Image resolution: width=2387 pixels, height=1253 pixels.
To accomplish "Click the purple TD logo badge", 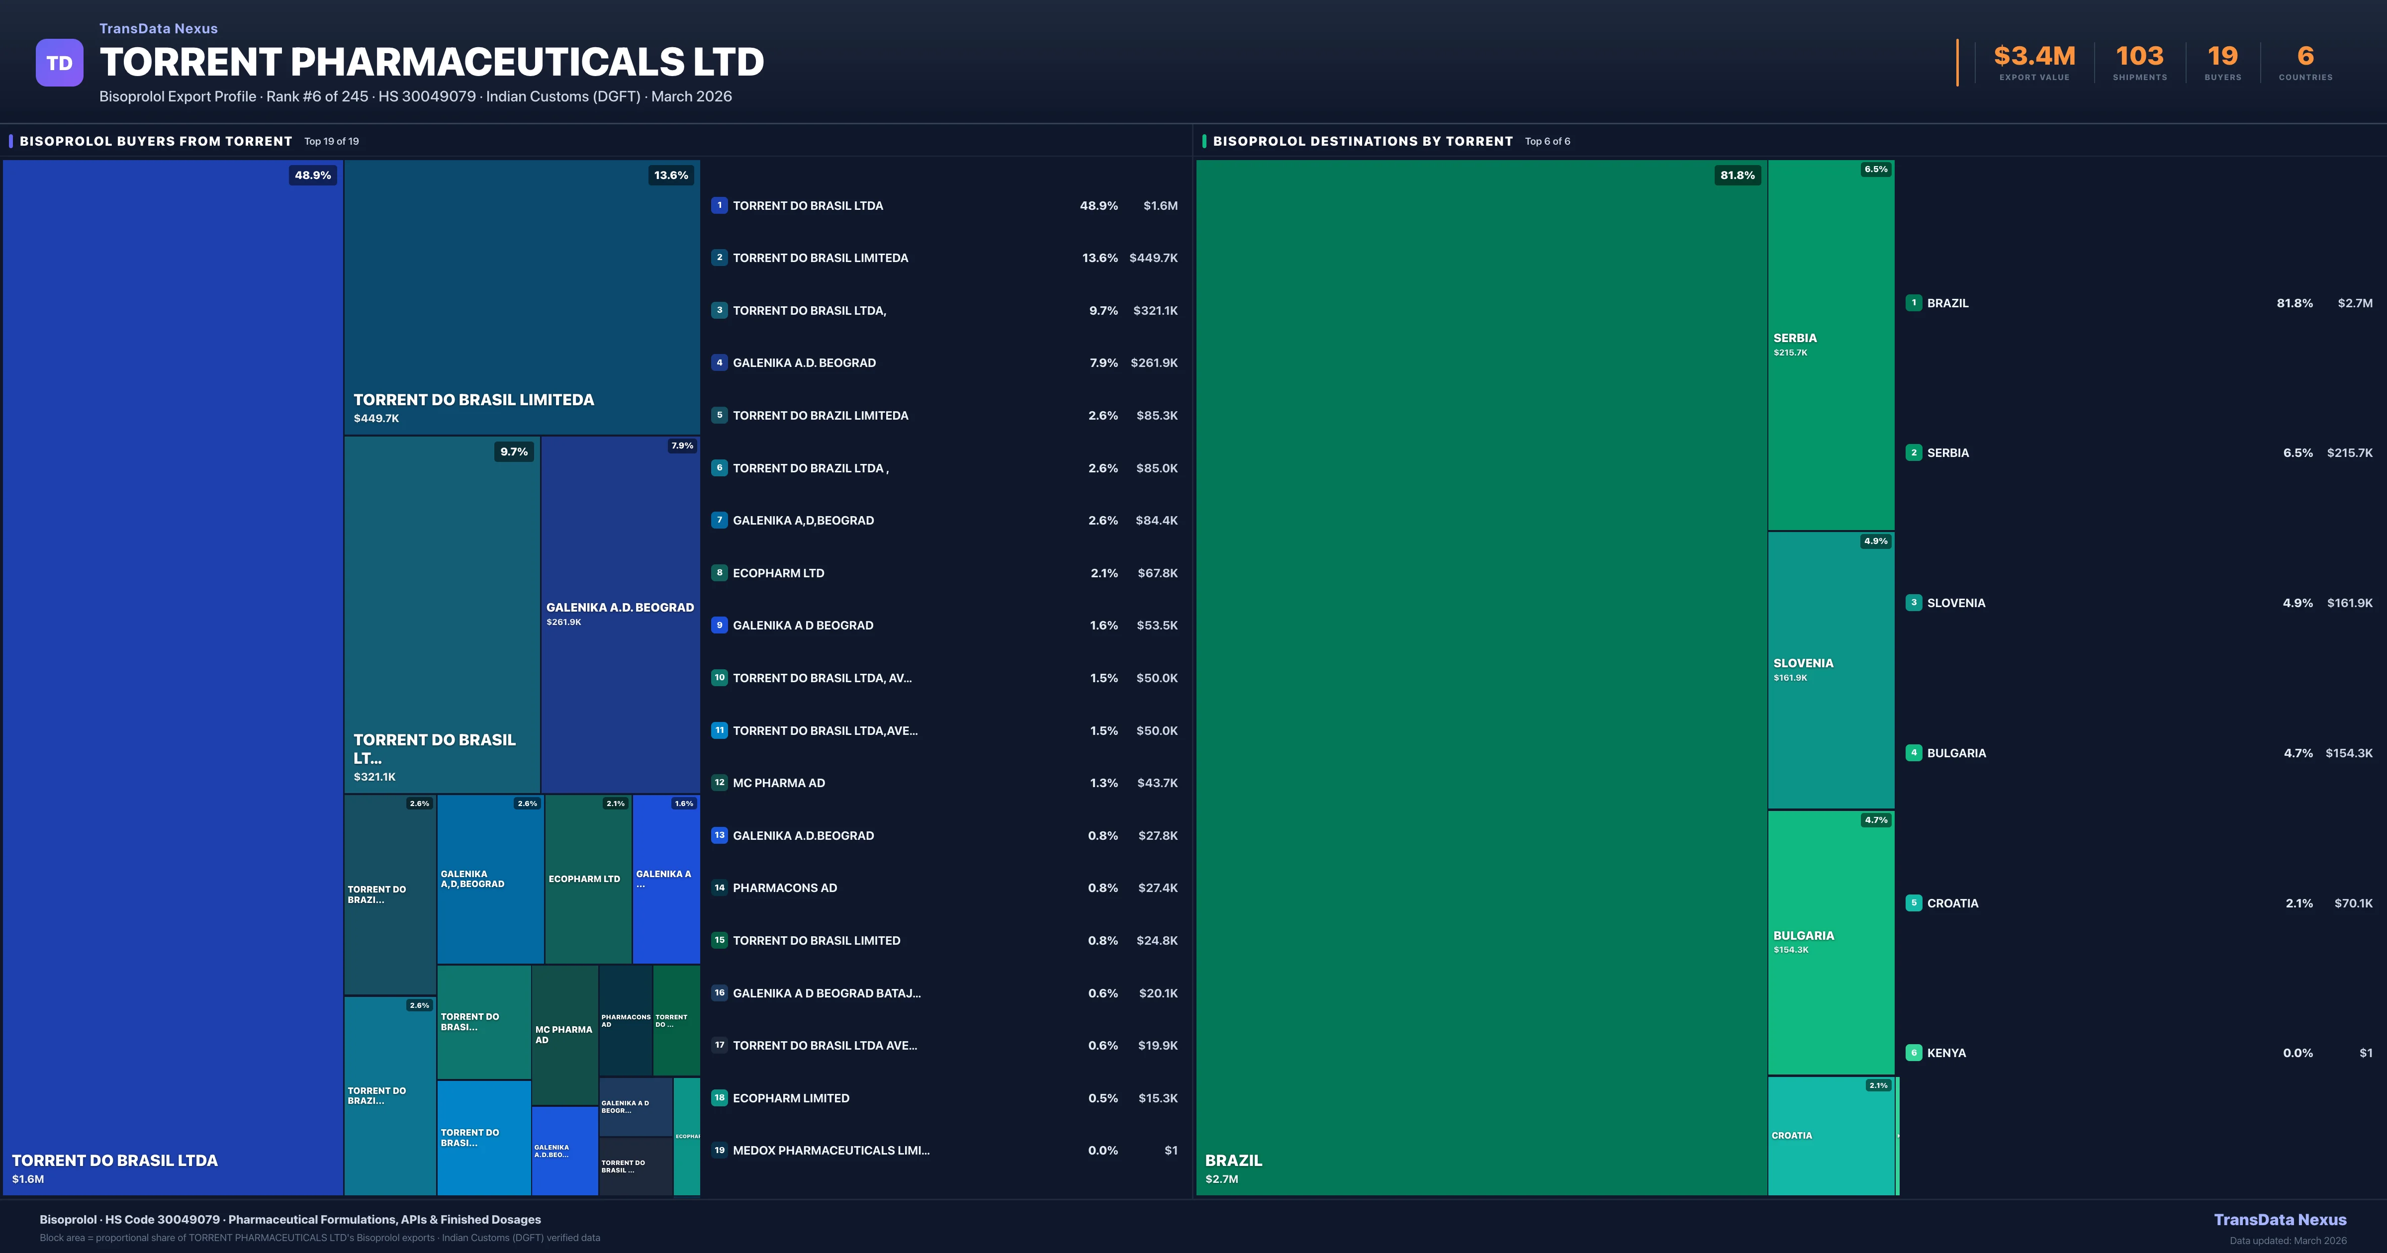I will point(59,63).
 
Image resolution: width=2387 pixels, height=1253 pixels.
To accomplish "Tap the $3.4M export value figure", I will point(2034,57).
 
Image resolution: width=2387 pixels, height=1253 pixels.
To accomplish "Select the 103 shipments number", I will point(2139,57).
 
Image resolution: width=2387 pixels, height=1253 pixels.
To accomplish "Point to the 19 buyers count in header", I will point(2222,57).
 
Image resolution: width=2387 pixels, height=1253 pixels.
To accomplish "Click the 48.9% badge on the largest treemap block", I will point(312,175).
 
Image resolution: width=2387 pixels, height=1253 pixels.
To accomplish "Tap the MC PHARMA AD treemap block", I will point(564,1034).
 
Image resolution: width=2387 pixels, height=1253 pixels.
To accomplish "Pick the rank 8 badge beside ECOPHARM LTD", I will point(719,573).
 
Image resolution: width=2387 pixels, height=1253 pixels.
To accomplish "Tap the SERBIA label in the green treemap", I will point(1795,338).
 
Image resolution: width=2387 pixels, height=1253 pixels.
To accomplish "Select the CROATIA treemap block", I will point(1830,1135).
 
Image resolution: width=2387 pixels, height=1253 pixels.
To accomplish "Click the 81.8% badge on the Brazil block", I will point(1737,175).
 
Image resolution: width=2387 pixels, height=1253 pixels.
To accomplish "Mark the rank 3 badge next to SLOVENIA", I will point(1914,603).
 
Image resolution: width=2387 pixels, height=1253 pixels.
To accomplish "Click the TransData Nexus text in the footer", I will point(2280,1220).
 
